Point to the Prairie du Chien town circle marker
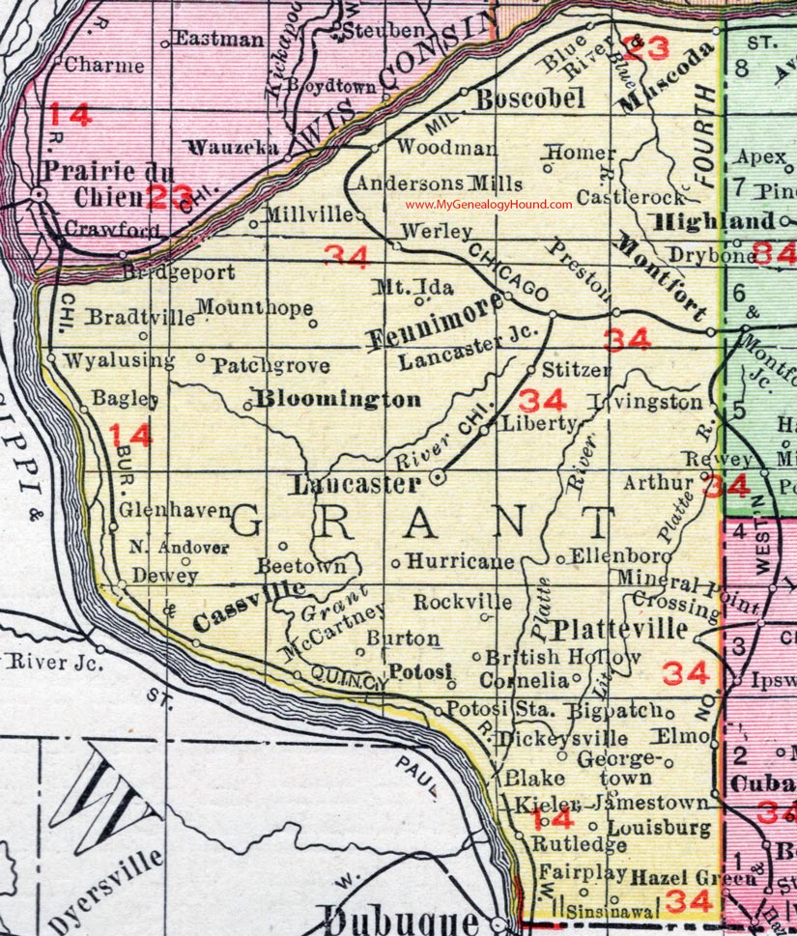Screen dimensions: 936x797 [x=39, y=195]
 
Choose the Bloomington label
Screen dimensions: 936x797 [x=337, y=399]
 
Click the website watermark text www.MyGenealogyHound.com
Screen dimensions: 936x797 [x=489, y=205]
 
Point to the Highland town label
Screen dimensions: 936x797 [x=714, y=221]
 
